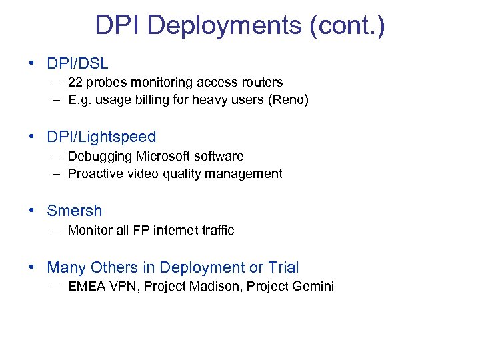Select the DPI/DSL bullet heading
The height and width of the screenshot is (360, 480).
(x=77, y=64)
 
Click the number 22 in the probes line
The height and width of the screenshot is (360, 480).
(x=75, y=83)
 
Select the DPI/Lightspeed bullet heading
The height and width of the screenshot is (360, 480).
(x=101, y=137)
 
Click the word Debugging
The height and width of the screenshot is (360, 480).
(x=100, y=156)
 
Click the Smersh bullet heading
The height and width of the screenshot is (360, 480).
(x=75, y=211)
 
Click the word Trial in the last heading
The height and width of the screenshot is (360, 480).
(x=283, y=268)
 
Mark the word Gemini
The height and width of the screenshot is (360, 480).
(x=312, y=287)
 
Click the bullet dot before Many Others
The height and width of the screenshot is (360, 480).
(x=32, y=268)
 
